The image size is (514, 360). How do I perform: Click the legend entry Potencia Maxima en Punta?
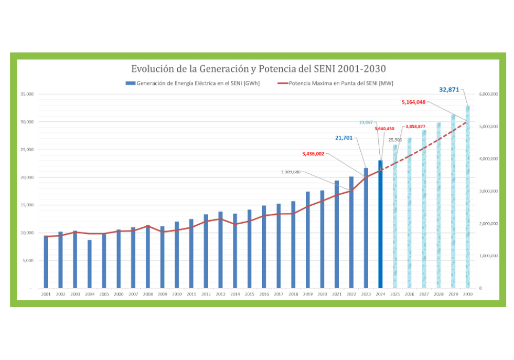tap(339, 83)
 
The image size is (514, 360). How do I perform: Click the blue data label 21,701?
tap(345, 138)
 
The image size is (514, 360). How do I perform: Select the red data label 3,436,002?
tap(314, 154)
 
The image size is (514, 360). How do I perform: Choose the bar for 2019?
tap(308, 240)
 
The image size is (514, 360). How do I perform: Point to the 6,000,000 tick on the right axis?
tap(487, 94)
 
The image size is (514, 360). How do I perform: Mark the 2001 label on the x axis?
tap(46, 294)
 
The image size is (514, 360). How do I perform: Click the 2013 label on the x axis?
tap(221, 294)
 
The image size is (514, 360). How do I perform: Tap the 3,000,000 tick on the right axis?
tap(487, 191)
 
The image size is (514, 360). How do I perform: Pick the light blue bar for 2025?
tap(395, 216)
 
